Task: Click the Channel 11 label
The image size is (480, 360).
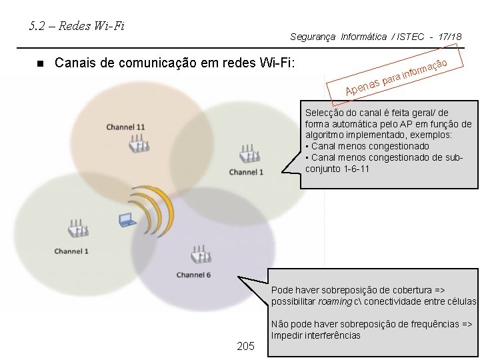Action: pyautogui.click(x=125, y=127)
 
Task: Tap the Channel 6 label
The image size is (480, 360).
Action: pyautogui.click(x=193, y=275)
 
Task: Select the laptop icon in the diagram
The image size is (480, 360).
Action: pyautogui.click(x=127, y=219)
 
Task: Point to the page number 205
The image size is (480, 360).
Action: pyautogui.click(x=246, y=346)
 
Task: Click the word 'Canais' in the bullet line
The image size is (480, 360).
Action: pyautogui.click(x=75, y=63)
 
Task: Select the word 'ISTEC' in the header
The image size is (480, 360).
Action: pyautogui.click(x=411, y=37)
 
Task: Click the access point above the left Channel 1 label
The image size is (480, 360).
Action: pyautogui.click(x=77, y=229)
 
